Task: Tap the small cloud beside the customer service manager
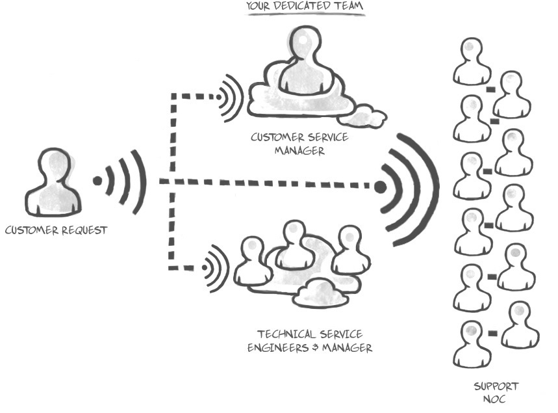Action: point(364,117)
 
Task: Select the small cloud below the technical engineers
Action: point(318,293)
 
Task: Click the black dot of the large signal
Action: point(380,187)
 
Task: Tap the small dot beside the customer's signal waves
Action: point(97,181)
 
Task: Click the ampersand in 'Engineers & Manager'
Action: point(310,348)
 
